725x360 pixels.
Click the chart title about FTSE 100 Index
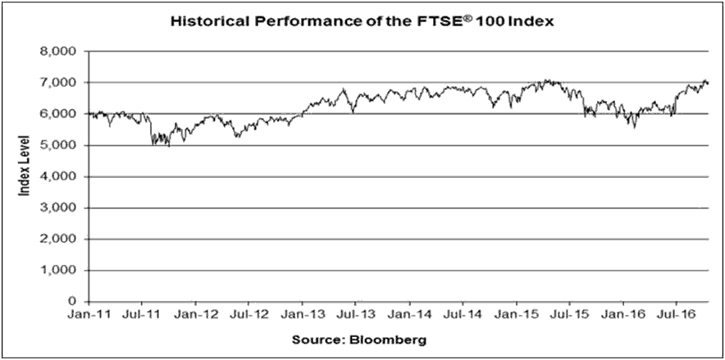click(362, 21)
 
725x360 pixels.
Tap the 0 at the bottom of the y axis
click(72, 302)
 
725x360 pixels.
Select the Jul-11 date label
click(143, 315)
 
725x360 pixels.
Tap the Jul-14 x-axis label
click(463, 315)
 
